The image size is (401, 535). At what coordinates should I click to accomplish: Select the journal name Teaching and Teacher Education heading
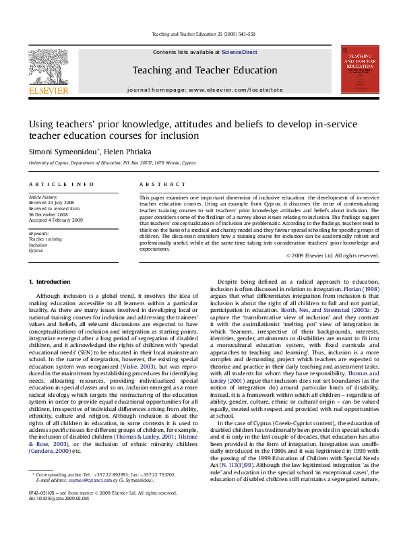pos(204,70)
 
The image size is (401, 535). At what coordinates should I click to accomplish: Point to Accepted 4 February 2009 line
pos(55,220)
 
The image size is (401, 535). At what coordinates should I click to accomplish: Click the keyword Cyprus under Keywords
pos(36,250)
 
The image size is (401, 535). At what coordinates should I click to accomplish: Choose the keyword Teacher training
pos(44,239)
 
